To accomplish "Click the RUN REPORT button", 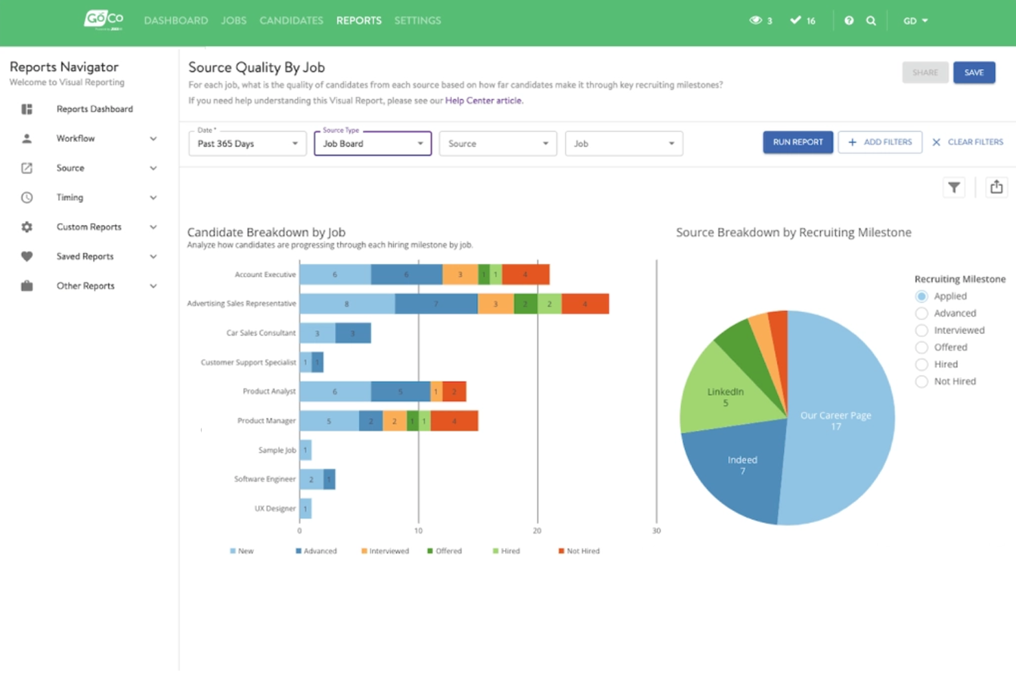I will click(797, 142).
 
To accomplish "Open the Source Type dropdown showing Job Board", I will click(372, 143).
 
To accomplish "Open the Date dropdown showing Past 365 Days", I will click(247, 143).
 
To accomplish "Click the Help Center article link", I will click(483, 100).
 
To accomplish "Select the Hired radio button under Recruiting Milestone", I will click(921, 364).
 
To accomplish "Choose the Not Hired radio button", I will click(921, 381).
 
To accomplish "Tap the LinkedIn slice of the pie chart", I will click(721, 394).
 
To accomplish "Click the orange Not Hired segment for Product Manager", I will click(454, 420).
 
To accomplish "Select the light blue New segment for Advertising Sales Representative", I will click(347, 303).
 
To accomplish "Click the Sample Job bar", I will click(305, 450).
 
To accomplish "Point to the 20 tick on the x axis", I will click(537, 531).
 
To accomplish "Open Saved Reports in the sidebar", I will click(85, 257).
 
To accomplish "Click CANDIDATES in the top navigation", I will click(291, 21).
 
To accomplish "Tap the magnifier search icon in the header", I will click(870, 21).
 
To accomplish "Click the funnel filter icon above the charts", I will click(954, 187).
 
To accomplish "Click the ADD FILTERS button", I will click(879, 142).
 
